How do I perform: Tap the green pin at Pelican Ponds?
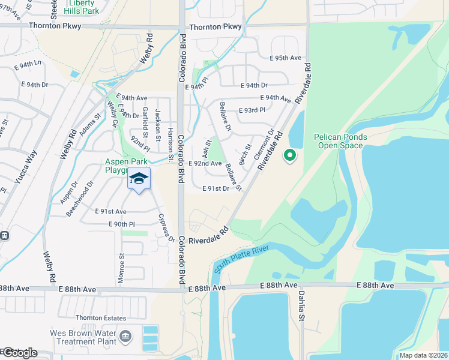click(289, 156)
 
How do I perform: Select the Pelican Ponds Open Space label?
click(340, 141)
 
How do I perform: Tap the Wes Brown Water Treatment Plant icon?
click(125, 335)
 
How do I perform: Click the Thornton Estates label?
click(101, 318)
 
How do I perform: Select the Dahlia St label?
click(302, 306)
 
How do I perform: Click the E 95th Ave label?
click(285, 58)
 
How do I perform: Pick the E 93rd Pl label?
click(252, 110)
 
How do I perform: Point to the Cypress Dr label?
click(166, 228)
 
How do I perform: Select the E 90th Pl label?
click(121, 224)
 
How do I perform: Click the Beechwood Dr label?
click(79, 199)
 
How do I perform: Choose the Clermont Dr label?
click(264, 144)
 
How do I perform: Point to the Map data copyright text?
click(423, 355)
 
